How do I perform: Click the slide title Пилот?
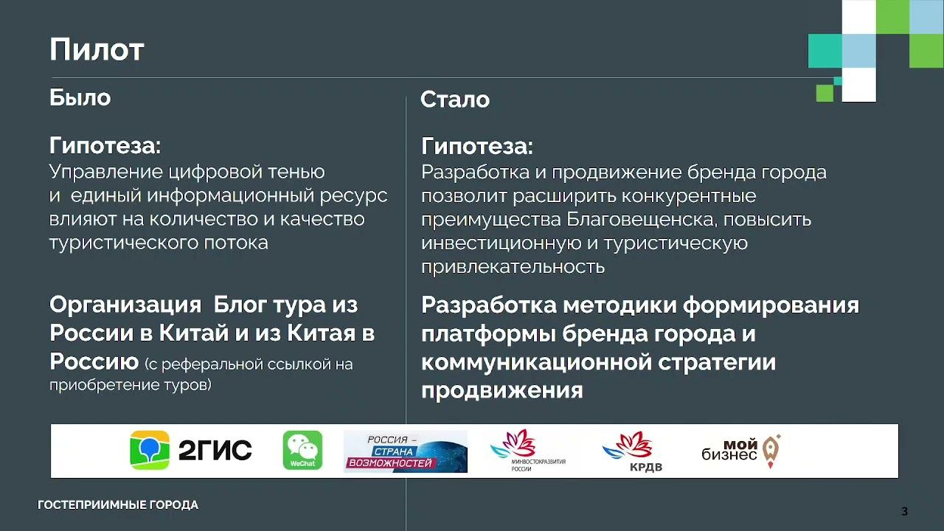click(97, 50)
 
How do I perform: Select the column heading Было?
click(80, 97)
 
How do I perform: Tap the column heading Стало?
click(455, 100)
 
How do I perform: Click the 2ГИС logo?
click(191, 450)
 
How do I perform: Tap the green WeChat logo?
click(302, 450)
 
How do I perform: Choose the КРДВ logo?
click(628, 451)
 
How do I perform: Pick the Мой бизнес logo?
click(740, 451)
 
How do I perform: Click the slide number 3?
click(905, 511)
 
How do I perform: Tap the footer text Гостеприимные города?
click(118, 505)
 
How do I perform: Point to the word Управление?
click(106, 172)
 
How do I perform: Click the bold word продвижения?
click(502, 389)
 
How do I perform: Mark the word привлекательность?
click(513, 266)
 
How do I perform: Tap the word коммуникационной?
click(533, 361)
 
